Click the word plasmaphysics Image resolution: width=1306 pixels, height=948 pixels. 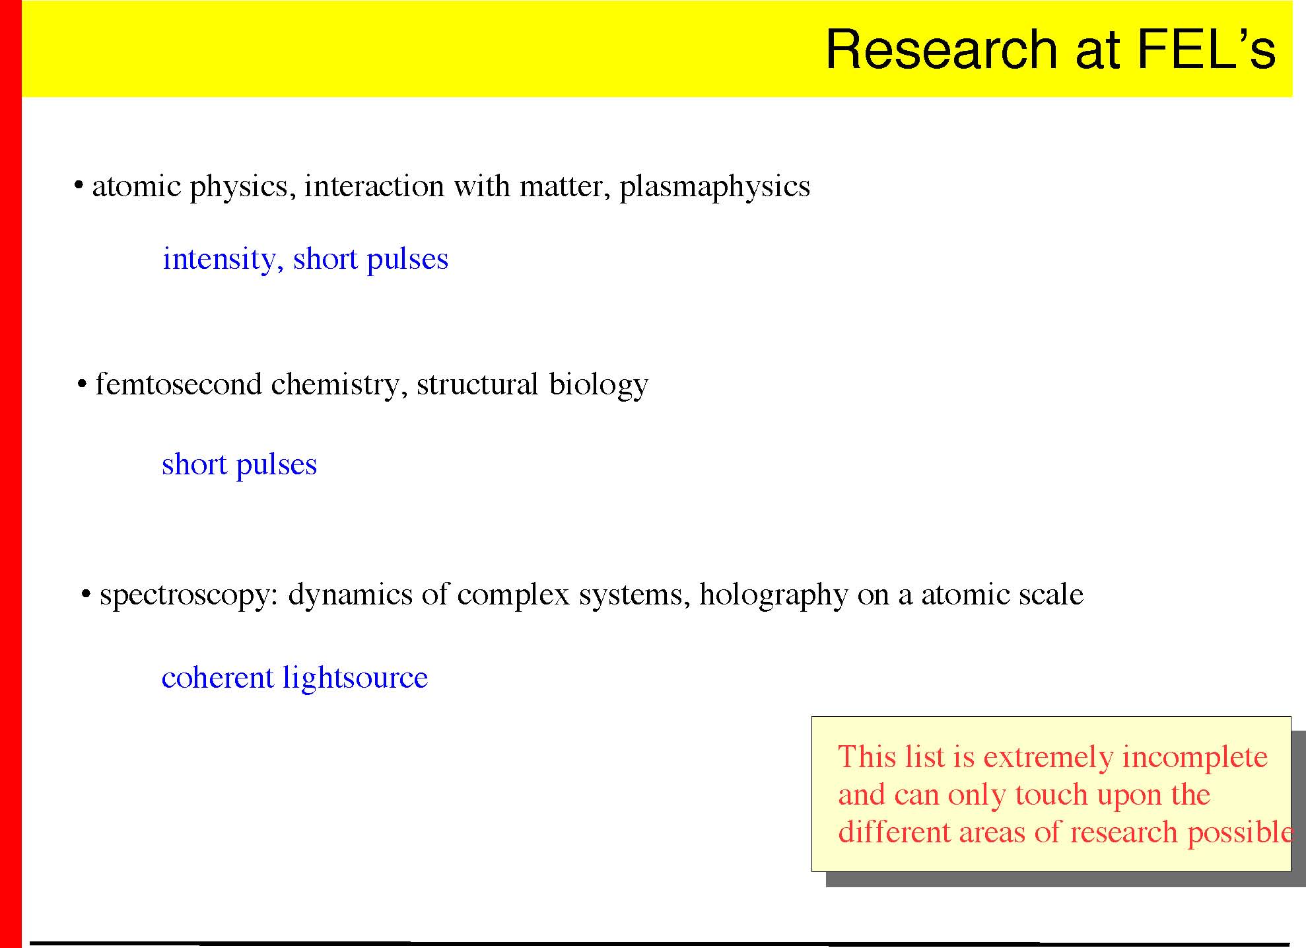point(714,187)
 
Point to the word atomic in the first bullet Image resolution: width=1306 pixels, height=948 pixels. point(137,186)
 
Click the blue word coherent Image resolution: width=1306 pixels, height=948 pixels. point(217,677)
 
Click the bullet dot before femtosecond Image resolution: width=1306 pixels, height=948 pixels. point(83,384)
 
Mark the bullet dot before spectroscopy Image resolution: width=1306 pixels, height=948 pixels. point(86,595)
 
